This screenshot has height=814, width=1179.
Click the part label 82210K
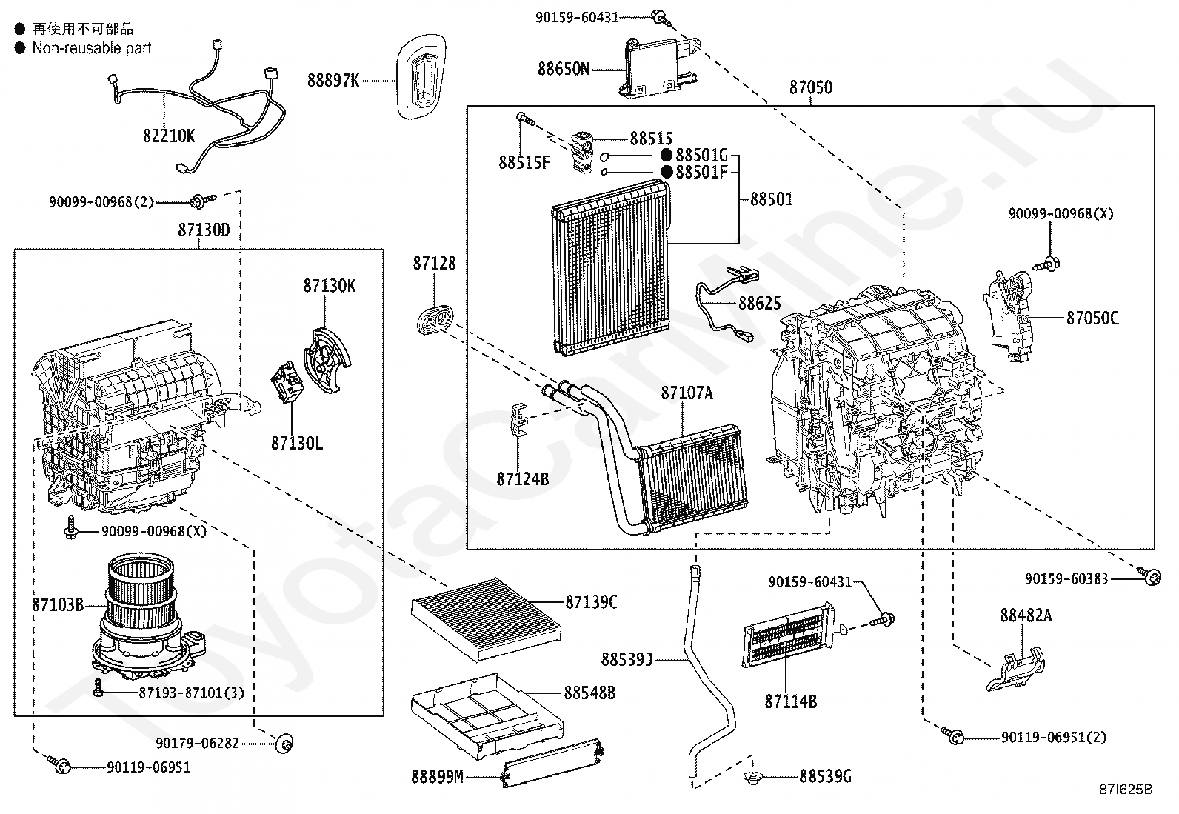[169, 136]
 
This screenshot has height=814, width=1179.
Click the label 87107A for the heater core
[687, 393]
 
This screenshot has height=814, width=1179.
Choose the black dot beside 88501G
[666, 155]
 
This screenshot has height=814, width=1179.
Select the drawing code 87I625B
[1126, 790]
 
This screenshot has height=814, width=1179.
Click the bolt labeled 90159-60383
[1150, 577]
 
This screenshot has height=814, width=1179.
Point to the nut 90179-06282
[284, 743]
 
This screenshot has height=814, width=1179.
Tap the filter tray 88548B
[485, 711]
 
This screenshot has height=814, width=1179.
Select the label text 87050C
[1092, 318]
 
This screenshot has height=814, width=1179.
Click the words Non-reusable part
[92, 48]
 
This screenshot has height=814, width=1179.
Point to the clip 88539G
[754, 777]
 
